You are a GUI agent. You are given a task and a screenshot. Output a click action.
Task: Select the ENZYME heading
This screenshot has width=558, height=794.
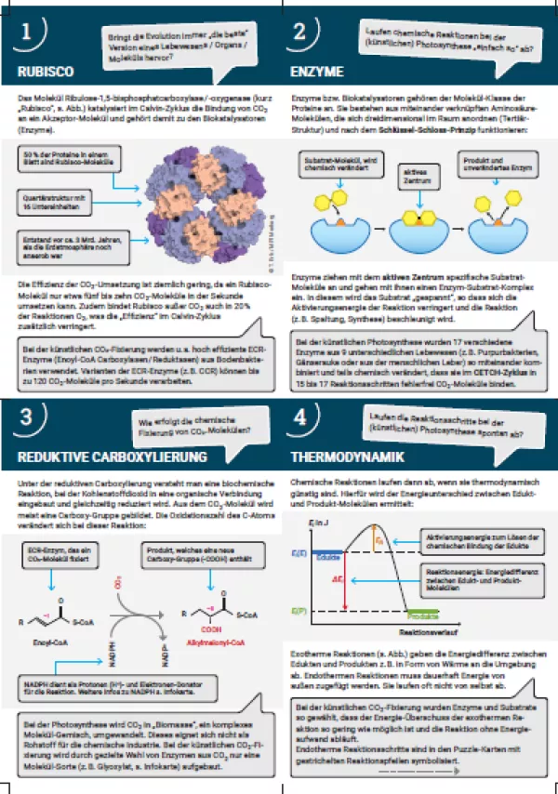click(x=318, y=71)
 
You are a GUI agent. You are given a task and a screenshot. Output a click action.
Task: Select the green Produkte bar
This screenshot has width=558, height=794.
click(x=422, y=615)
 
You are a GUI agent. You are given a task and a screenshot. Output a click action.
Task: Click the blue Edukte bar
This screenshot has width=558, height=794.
click(x=326, y=555)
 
